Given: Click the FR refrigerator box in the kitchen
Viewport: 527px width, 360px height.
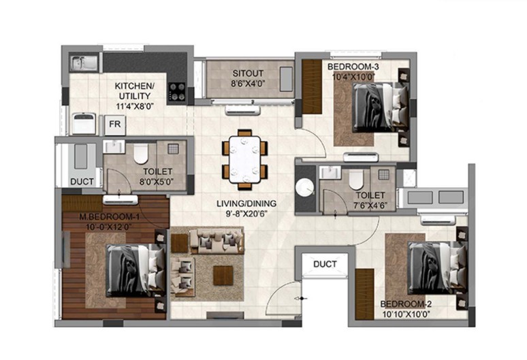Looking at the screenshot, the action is tap(114, 125).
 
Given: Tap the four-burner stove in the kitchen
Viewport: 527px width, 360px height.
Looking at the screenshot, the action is tap(177, 92).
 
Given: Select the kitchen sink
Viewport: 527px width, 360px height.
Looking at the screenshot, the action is tap(84, 63).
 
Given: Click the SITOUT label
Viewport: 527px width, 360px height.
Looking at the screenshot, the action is tap(248, 73).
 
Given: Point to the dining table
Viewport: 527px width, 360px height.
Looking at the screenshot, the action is tap(244, 159).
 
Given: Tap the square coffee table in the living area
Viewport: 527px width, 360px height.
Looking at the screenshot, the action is tap(223, 276).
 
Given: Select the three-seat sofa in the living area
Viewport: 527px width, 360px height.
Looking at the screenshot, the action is tap(217, 240).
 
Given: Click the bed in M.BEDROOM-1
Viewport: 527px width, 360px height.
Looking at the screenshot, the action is tap(136, 271).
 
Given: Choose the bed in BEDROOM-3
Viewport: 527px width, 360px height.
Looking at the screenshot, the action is tap(381, 108).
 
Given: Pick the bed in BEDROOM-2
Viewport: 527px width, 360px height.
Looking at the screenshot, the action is tap(437, 267).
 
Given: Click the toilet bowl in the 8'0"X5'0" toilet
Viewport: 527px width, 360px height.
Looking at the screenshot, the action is tap(141, 154).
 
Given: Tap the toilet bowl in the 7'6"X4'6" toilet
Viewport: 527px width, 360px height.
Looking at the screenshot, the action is tap(356, 180).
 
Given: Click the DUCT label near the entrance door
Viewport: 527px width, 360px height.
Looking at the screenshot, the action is tap(325, 264).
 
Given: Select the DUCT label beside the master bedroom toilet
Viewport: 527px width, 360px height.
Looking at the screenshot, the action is tap(82, 182).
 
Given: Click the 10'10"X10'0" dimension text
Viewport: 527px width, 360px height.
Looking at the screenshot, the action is tap(406, 314).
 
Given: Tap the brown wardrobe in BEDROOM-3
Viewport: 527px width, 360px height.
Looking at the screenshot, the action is tap(313, 86).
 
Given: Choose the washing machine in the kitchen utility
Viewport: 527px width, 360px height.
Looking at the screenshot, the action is tap(84, 124).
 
